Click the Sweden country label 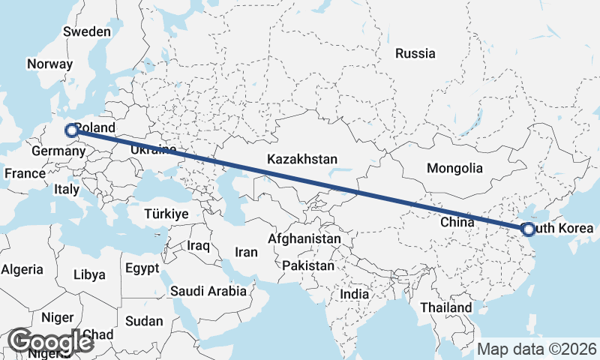(87, 32)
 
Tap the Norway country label (49, 64)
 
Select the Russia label (415, 53)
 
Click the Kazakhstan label (302, 160)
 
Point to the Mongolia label (454, 168)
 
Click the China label (457, 222)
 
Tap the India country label (355, 295)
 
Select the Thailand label (446, 307)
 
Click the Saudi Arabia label (208, 291)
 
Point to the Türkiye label (166, 214)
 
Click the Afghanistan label (304, 238)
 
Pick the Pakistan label (309, 265)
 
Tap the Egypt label (142, 268)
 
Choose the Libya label (89, 274)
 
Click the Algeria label (23, 269)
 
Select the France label (25, 173)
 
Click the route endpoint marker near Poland (72, 130)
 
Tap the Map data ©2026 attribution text (537, 349)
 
